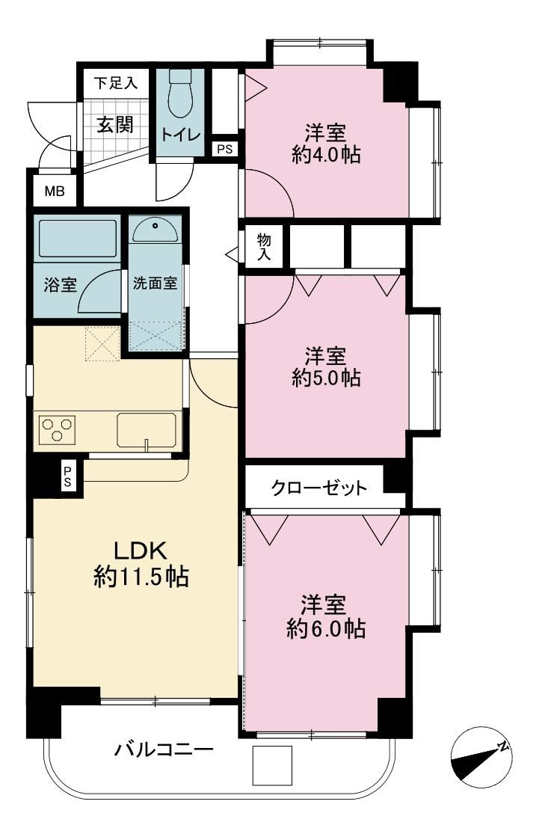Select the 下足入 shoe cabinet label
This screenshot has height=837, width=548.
(x=116, y=83)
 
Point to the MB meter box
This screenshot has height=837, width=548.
(x=54, y=191)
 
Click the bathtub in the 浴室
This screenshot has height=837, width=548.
(x=77, y=238)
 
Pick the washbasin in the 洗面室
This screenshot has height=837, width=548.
(x=155, y=230)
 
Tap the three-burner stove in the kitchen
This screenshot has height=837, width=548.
(x=57, y=429)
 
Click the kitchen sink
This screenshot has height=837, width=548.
(x=147, y=429)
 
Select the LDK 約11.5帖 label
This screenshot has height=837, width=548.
(x=141, y=563)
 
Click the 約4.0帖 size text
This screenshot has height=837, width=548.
(x=325, y=155)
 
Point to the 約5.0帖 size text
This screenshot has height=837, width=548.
(x=325, y=378)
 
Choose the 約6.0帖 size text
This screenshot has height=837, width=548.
(x=325, y=628)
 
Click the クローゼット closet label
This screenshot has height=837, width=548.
(x=319, y=488)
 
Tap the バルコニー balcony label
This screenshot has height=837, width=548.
(x=164, y=749)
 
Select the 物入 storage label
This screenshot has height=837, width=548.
(x=264, y=247)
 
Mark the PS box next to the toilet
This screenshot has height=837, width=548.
(x=224, y=149)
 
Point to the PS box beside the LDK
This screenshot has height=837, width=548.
(x=68, y=476)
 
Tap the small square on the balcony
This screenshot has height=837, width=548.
(x=272, y=765)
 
